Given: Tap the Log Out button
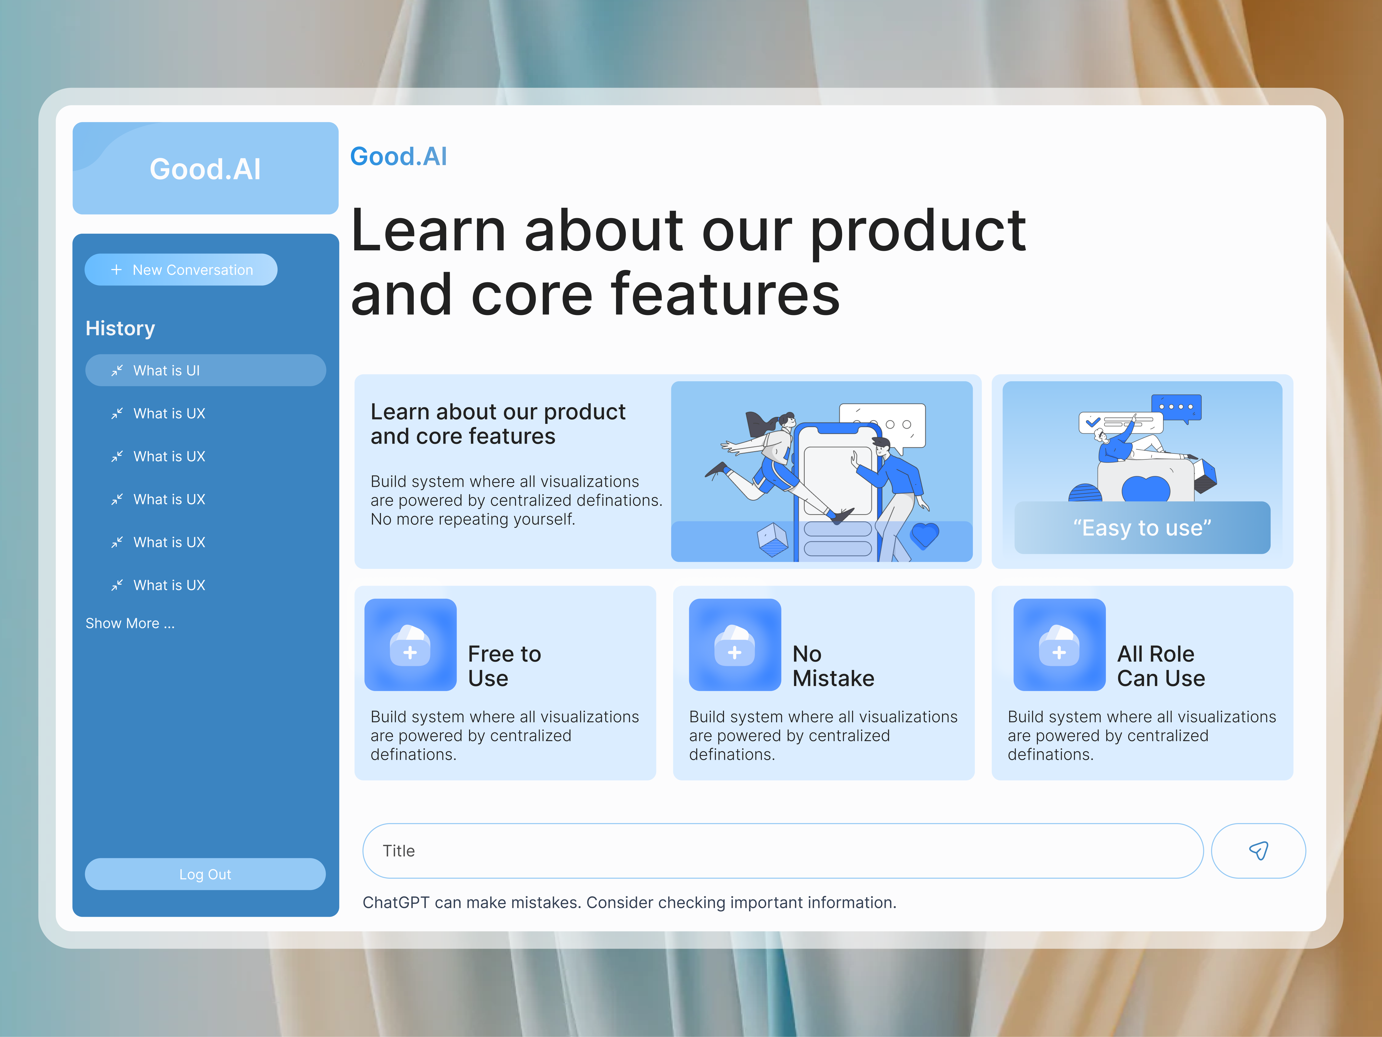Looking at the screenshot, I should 205,874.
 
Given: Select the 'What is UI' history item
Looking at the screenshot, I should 205,371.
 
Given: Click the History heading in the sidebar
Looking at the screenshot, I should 120,328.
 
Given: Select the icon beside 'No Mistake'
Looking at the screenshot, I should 735,645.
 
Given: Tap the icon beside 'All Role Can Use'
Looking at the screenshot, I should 1059,645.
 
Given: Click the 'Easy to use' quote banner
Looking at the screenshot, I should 1142,528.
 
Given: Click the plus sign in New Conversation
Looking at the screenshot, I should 116,270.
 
